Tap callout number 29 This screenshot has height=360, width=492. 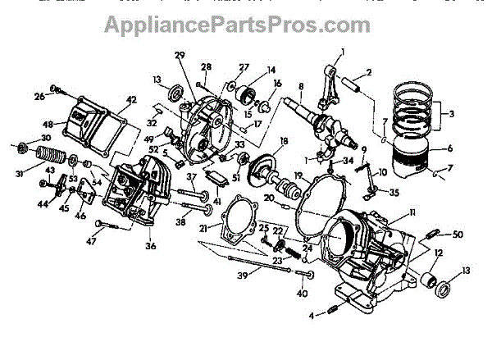180,54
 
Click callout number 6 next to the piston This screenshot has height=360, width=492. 449,149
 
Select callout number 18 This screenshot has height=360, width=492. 284,142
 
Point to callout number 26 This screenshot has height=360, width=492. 39,98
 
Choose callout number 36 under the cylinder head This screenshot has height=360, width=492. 150,244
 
